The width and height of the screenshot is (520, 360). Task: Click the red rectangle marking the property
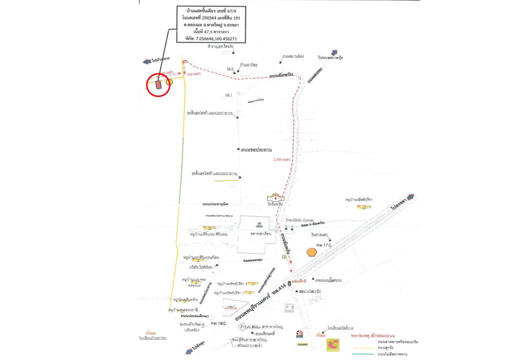click(158, 84)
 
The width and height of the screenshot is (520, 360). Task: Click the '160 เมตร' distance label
click(193, 74)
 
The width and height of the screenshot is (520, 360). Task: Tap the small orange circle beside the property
click(169, 80)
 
